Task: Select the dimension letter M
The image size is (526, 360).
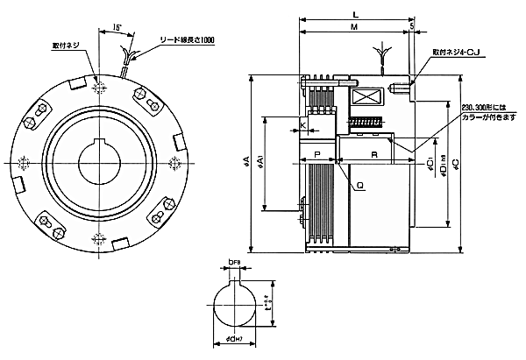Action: click(x=352, y=27)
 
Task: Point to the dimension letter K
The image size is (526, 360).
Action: click(x=302, y=126)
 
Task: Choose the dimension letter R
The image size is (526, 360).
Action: click(x=374, y=154)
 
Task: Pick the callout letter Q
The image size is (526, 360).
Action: click(x=359, y=186)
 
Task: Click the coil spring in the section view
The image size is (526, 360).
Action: click(x=367, y=123)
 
